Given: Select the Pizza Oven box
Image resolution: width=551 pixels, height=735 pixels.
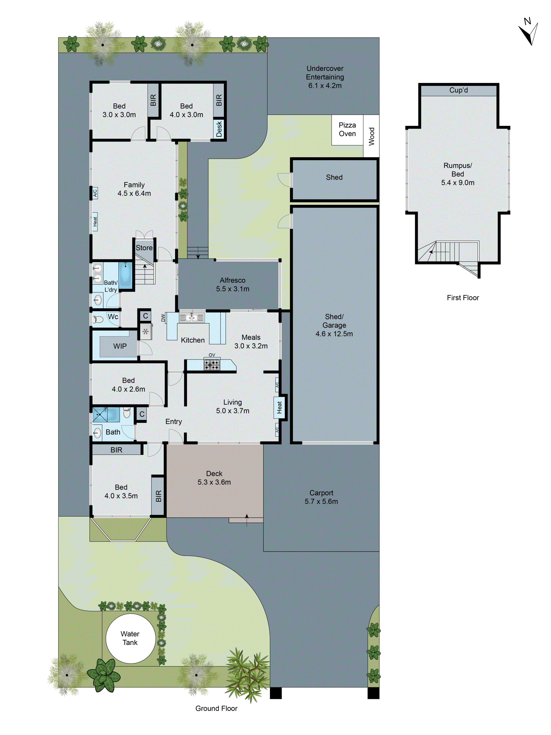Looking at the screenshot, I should click(347, 130).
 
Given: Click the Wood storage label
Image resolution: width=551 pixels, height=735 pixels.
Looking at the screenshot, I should click(371, 136).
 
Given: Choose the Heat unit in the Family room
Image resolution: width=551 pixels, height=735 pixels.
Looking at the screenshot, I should click(95, 221).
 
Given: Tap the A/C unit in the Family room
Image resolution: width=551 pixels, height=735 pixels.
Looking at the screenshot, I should click(95, 192).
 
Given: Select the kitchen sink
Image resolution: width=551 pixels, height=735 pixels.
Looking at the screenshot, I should click(192, 318).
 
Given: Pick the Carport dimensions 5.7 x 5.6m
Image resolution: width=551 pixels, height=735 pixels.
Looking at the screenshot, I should click(321, 501).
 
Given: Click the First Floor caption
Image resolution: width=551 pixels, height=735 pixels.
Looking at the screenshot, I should click(463, 298).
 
